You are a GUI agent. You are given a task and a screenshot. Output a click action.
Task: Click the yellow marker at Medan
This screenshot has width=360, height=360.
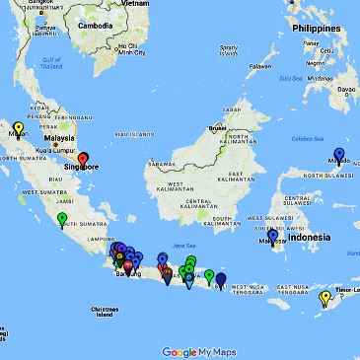pyautogui.click(x=18, y=127)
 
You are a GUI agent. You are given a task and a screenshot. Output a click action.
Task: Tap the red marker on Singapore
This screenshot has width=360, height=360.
pyautogui.click(x=84, y=158)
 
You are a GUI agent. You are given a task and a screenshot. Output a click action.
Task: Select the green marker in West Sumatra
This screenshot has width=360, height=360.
pyautogui.click(x=62, y=218)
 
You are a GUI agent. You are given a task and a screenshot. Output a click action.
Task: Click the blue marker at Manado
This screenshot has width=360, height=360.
pyautogui.click(x=341, y=153)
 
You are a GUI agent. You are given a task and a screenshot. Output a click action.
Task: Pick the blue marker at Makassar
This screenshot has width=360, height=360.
pyautogui.click(x=272, y=236)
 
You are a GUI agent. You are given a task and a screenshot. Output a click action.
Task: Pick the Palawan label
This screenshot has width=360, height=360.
pyautogui.click(x=259, y=67)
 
